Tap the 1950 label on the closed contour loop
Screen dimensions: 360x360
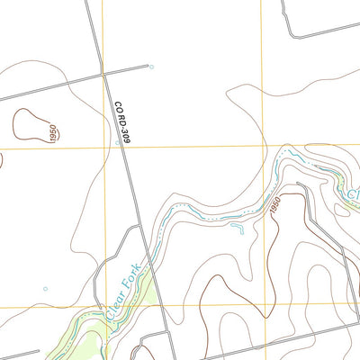point(53,134)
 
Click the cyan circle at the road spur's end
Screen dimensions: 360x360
point(151,67)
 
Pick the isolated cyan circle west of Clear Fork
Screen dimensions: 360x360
point(45,289)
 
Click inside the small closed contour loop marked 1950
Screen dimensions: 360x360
point(30,125)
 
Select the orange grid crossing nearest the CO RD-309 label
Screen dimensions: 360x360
point(104,145)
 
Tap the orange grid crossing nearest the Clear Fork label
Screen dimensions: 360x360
point(105,306)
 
